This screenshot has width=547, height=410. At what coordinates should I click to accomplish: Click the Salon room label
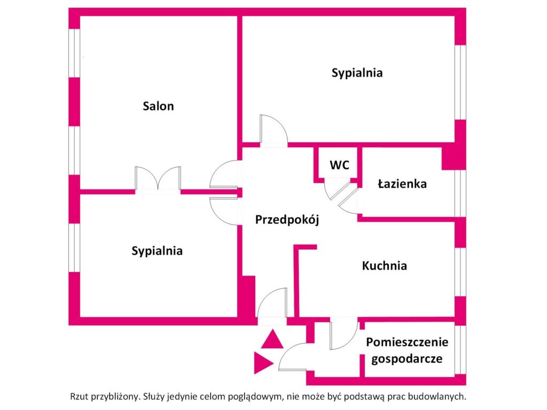158,106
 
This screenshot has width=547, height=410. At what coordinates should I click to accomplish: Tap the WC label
339,164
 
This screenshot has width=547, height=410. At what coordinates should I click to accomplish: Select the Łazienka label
402,184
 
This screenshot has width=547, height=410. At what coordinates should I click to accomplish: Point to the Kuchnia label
385,266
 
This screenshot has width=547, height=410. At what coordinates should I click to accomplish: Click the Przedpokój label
287,219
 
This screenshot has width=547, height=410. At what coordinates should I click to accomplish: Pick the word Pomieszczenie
407,342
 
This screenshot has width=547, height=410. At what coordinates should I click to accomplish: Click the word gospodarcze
407,359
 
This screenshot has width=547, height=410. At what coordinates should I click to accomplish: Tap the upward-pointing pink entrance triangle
272,339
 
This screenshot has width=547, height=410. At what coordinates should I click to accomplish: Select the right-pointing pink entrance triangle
264,363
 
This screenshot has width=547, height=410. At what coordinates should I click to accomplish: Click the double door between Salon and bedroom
158,178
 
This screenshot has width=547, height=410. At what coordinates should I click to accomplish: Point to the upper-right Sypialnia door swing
274,129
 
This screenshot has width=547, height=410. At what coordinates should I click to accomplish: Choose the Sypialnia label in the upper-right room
357,73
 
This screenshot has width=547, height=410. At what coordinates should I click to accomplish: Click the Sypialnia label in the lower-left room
157,251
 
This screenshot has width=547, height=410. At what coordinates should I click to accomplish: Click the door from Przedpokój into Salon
224,175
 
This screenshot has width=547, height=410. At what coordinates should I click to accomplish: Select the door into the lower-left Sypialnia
224,211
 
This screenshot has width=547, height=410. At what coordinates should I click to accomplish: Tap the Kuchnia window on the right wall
460,272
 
